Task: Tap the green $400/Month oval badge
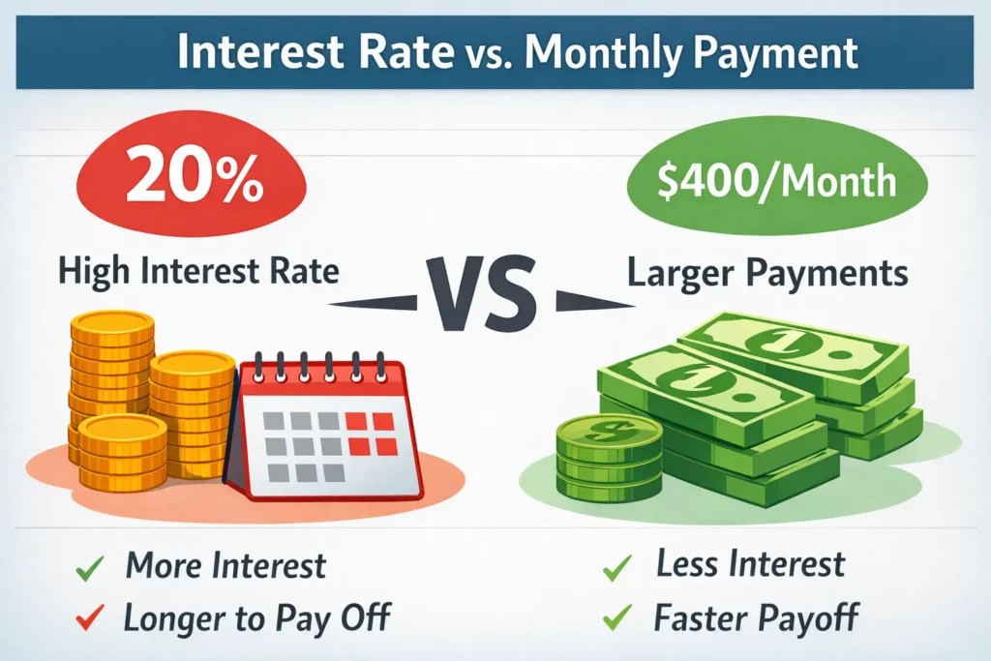tap(778, 180)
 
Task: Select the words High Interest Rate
tap(198, 271)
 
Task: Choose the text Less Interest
tap(750, 565)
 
